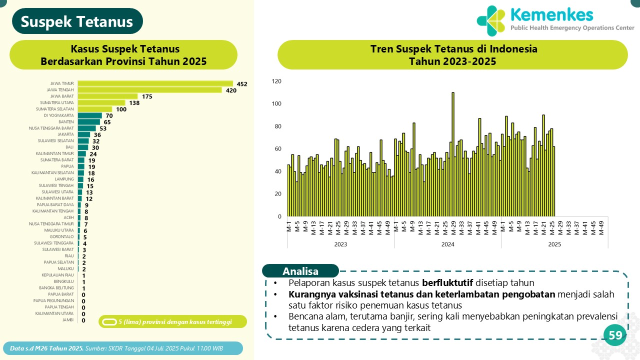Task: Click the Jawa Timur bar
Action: point(155,83)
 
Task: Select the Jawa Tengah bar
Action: point(149,90)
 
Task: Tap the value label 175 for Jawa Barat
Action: point(147,96)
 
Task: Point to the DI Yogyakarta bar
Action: point(90,115)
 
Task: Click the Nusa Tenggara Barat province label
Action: point(51,128)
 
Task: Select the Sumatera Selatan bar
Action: point(95,109)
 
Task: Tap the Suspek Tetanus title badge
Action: point(77,22)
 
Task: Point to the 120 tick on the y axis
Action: point(276,81)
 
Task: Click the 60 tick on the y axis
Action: point(277,149)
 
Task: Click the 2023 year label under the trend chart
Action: point(340,244)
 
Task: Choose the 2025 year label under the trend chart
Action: point(554,244)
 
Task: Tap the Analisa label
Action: point(300,271)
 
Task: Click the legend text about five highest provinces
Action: point(175,321)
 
